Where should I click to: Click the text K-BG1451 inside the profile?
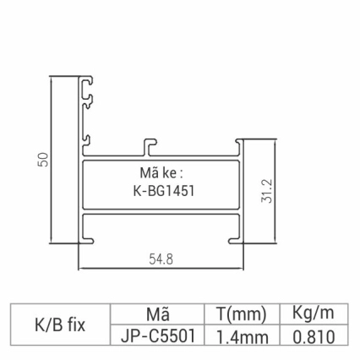(x=160, y=191)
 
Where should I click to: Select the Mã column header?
(x=158, y=314)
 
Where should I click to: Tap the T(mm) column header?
(x=241, y=314)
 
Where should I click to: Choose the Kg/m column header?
(x=314, y=314)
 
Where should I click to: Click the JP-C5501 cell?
(x=158, y=336)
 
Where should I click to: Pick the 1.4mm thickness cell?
(x=241, y=336)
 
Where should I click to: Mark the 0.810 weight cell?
(x=314, y=336)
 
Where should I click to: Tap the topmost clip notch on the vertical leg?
(x=88, y=83)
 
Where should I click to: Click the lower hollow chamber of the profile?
(x=161, y=226)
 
